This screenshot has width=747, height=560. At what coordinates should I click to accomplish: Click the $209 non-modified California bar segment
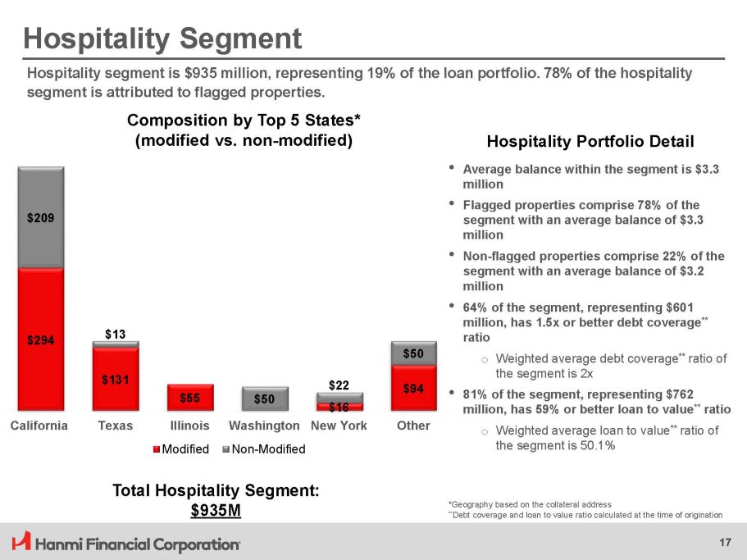[41, 218]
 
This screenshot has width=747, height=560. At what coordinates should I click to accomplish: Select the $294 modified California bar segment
[41, 339]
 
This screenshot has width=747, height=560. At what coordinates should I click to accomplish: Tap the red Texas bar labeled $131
[116, 379]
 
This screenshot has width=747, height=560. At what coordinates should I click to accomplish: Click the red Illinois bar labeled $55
[190, 398]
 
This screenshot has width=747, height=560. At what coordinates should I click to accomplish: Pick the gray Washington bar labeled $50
[265, 399]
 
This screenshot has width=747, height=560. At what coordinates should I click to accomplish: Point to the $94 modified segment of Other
[414, 389]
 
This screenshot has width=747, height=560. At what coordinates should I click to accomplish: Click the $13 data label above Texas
[116, 333]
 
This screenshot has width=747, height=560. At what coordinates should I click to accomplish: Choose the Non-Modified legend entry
[266, 449]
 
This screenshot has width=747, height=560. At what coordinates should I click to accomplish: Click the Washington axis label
[264, 426]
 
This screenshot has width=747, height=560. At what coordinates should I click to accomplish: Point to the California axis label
[39, 426]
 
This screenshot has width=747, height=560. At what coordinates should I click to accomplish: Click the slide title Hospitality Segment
[162, 38]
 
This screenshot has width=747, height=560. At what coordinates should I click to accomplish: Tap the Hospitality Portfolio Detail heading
[590, 141]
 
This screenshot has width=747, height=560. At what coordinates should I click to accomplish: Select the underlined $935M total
[216, 511]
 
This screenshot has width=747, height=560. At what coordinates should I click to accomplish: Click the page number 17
[724, 542]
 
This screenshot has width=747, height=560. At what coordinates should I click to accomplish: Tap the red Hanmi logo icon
[21, 542]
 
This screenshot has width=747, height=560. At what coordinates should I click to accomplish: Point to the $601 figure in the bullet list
[676, 307]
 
